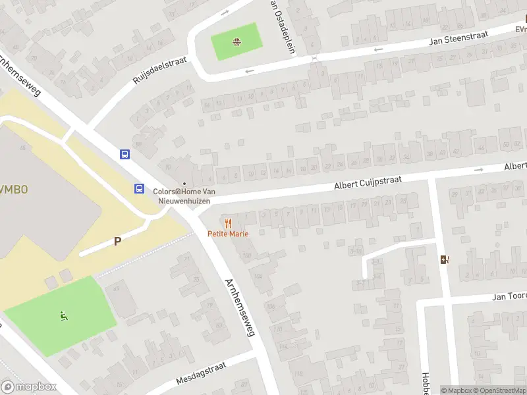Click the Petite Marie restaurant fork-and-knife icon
(x=228, y=223)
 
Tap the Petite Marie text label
(x=228, y=234)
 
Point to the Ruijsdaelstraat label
(x=159, y=70)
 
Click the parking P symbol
(x=117, y=241)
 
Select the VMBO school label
(x=13, y=189)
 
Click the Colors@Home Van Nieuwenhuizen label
(x=184, y=196)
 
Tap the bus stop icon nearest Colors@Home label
(x=140, y=188)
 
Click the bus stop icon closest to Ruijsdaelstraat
(x=125, y=154)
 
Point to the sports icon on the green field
(x=64, y=316)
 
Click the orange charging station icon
(x=445, y=259)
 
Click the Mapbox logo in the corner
(x=28, y=387)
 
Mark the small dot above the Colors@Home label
(x=184, y=184)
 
